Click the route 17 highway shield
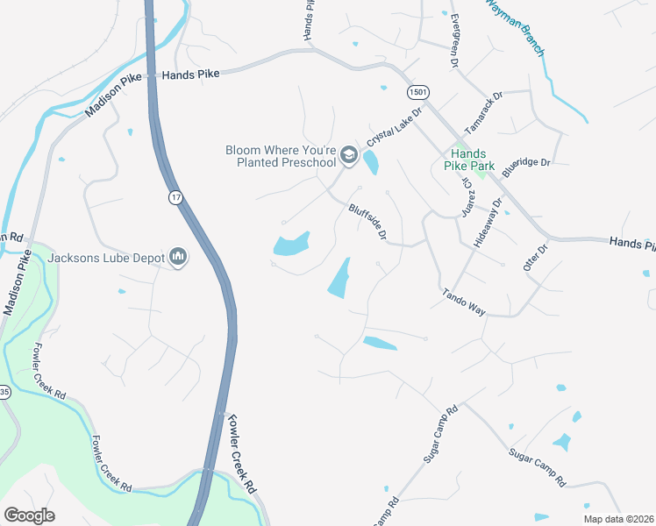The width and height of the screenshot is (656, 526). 176,199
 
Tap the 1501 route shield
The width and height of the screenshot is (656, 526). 417,92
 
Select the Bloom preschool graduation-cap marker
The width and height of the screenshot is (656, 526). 348,156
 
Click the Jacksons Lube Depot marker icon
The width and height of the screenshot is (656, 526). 180,258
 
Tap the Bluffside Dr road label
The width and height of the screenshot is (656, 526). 367,222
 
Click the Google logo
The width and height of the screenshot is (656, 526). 29,515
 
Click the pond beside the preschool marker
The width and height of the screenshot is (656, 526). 371,162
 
